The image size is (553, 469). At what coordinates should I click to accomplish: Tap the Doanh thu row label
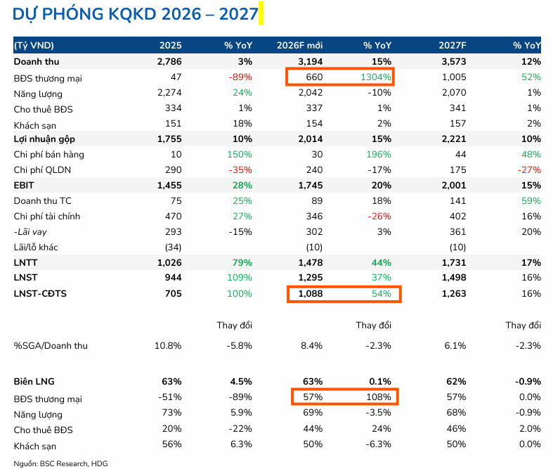tap(36, 62)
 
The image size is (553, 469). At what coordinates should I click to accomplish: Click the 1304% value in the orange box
tap(376, 78)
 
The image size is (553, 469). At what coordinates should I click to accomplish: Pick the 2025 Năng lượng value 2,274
tap(169, 93)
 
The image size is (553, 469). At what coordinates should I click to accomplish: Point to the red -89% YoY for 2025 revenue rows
tap(239, 78)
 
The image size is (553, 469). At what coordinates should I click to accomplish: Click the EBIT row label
tap(25, 185)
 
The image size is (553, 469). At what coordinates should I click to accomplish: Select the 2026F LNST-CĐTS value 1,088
tap(309, 293)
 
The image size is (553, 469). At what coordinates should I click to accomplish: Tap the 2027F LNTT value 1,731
tap(452, 262)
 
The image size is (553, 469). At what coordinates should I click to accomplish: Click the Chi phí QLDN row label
tap(42, 169)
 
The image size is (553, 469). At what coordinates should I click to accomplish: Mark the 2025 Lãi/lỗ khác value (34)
tap(171, 247)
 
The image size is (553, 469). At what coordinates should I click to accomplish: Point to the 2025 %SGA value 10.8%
tap(168, 345)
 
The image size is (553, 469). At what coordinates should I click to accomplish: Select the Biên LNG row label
tap(34, 381)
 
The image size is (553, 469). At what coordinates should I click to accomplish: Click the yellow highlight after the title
tap(261, 13)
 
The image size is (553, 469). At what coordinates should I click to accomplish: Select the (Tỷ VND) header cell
tap(34, 45)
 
